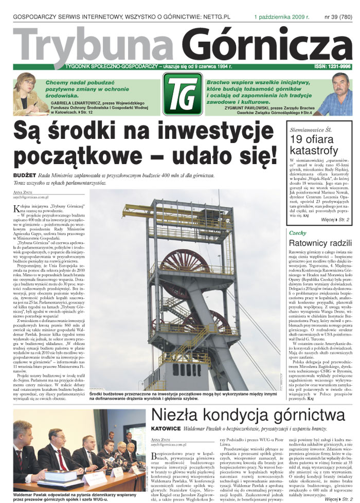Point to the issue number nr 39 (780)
point(338,17)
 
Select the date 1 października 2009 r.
point(281,17)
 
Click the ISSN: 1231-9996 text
point(332,67)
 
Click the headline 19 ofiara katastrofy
point(315,145)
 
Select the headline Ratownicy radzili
point(320,243)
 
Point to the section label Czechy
point(298,233)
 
